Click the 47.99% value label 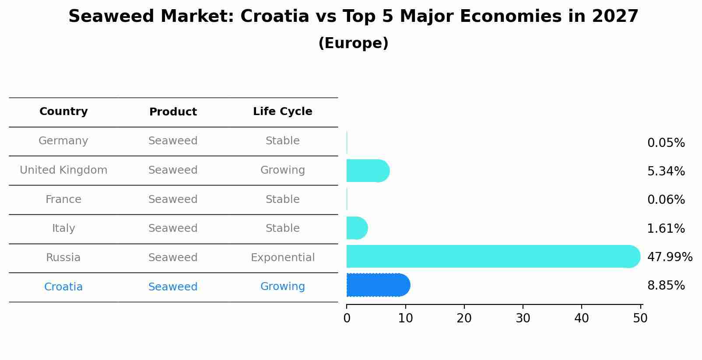pos(670,257)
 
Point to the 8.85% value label pos(666,286)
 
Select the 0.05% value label pos(666,143)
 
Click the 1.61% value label pos(666,228)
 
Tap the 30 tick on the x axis pos(523,318)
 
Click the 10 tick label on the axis pos(405,318)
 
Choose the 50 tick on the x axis pos(640,318)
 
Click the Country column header pos(63,112)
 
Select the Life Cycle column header pos(282,112)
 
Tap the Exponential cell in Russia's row pos(282,258)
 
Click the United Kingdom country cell pos(63,170)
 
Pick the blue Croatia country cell pos(63,287)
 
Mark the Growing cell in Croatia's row pos(282,287)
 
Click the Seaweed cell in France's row pos(173,199)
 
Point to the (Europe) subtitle pos(353,43)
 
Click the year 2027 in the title pos(615,17)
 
